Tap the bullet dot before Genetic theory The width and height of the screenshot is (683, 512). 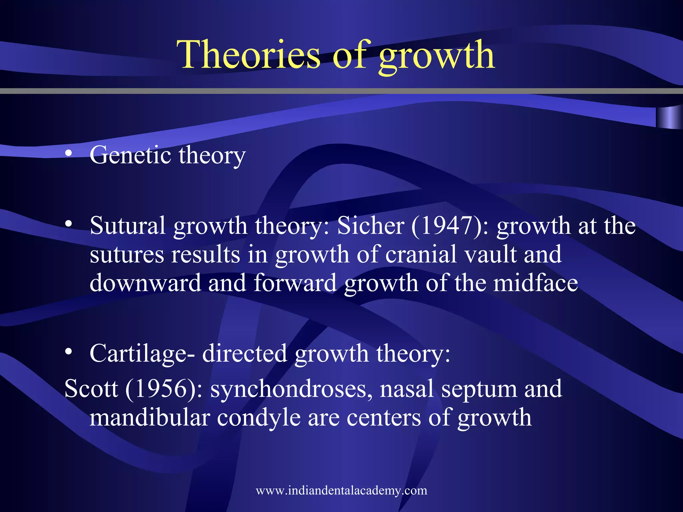(x=69, y=153)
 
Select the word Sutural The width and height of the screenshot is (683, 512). (x=128, y=226)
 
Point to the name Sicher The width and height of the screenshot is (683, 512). (x=371, y=226)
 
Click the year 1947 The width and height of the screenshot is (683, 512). (x=447, y=226)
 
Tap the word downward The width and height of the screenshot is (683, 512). (x=145, y=283)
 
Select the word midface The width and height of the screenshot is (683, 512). (x=535, y=283)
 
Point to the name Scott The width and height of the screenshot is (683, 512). (x=91, y=389)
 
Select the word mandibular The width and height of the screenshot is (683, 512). (x=150, y=417)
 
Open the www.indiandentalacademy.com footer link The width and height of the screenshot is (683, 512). (x=341, y=490)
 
